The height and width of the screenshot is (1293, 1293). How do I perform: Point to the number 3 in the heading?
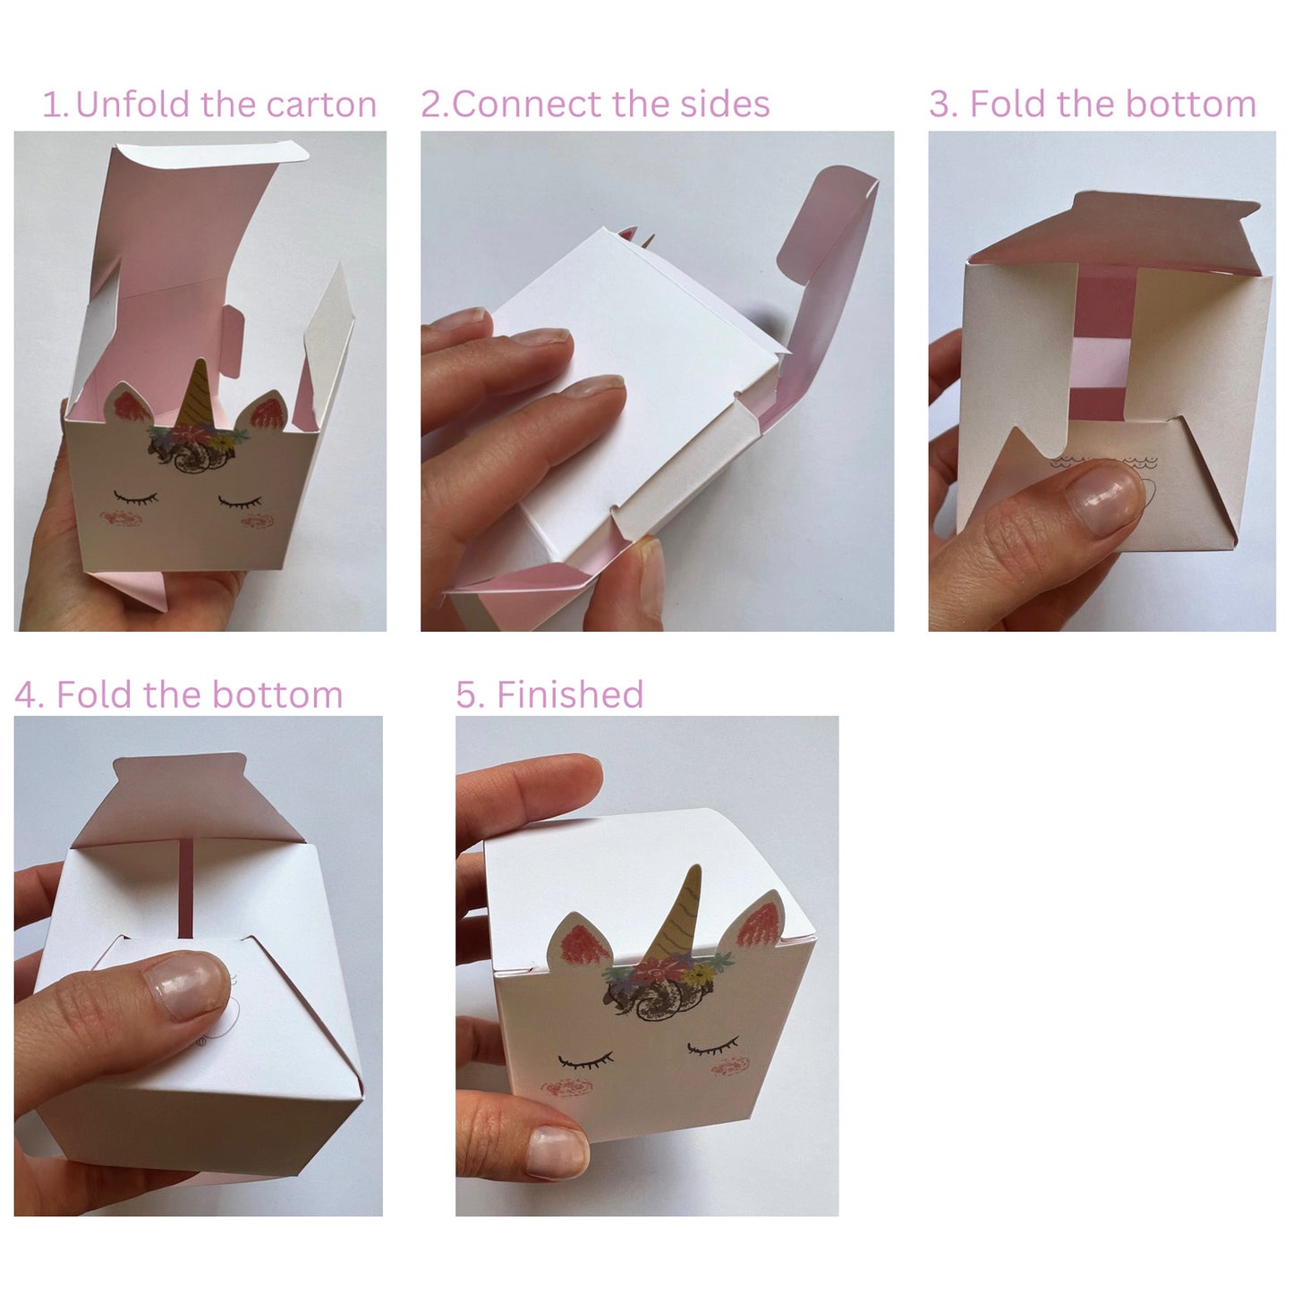coord(940,105)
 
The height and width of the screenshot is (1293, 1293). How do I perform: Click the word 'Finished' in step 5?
coord(570,694)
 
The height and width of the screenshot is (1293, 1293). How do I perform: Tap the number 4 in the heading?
coord(26,695)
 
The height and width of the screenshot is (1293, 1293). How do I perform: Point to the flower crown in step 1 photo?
coord(197,438)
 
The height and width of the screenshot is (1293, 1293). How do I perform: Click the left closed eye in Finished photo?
coord(586,1062)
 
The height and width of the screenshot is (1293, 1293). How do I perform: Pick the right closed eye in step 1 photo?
coord(240,501)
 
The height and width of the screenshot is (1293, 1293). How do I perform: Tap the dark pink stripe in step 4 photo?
coord(186,889)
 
